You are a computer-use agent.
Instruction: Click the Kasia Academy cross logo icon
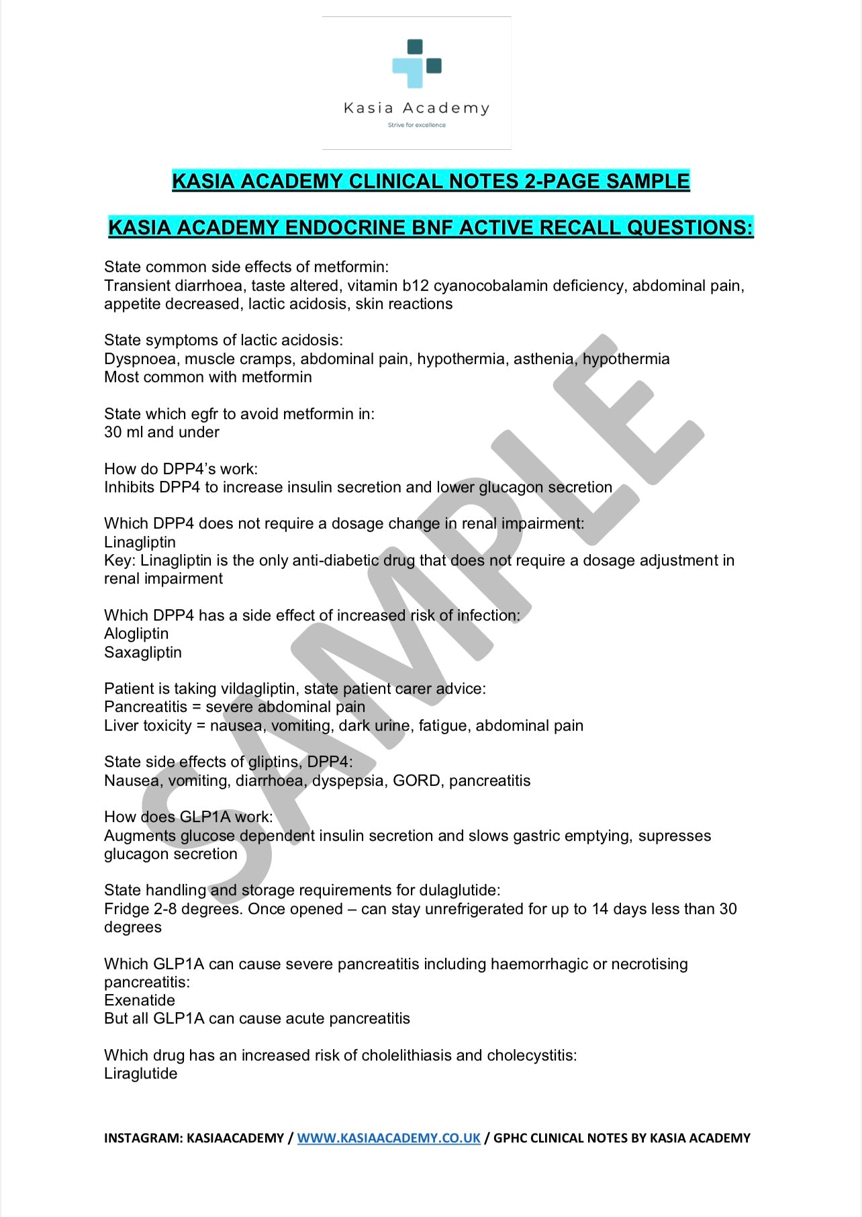(417, 64)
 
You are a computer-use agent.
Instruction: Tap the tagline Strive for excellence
(416, 125)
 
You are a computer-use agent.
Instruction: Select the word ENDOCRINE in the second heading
(350, 228)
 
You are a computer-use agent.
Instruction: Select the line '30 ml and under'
(162, 433)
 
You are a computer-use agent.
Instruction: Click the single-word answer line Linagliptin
(140, 543)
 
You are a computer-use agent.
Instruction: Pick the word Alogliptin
(136, 634)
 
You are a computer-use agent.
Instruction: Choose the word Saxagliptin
(143, 653)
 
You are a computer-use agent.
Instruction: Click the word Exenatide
(140, 1001)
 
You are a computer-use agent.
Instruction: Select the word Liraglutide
(141, 1074)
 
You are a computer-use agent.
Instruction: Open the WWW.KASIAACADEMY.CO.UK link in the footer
(389, 1138)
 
